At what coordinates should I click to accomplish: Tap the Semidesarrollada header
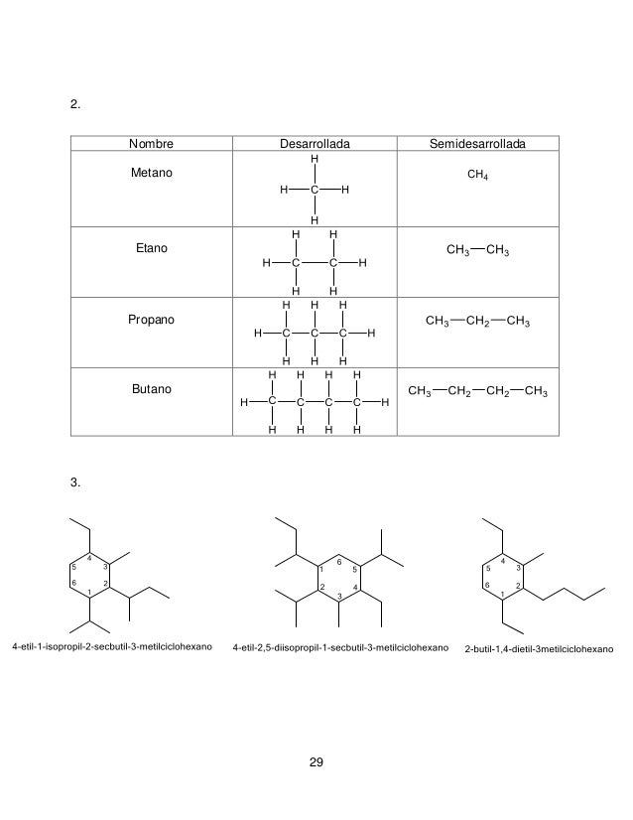tap(477, 145)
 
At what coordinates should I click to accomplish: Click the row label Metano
tap(152, 174)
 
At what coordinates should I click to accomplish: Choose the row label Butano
tap(152, 392)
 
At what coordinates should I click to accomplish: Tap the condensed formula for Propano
tap(477, 322)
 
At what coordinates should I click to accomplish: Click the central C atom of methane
tap(315, 189)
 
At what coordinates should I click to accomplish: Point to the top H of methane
tap(315, 159)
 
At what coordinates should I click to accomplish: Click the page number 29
tap(316, 762)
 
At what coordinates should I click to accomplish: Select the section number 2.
tap(75, 103)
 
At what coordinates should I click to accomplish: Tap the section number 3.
tap(75, 482)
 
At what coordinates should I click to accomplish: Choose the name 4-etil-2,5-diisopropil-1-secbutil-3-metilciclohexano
tap(339, 649)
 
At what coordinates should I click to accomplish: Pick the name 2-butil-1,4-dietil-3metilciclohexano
tap(539, 650)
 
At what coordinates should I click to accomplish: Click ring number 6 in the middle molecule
tap(339, 562)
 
